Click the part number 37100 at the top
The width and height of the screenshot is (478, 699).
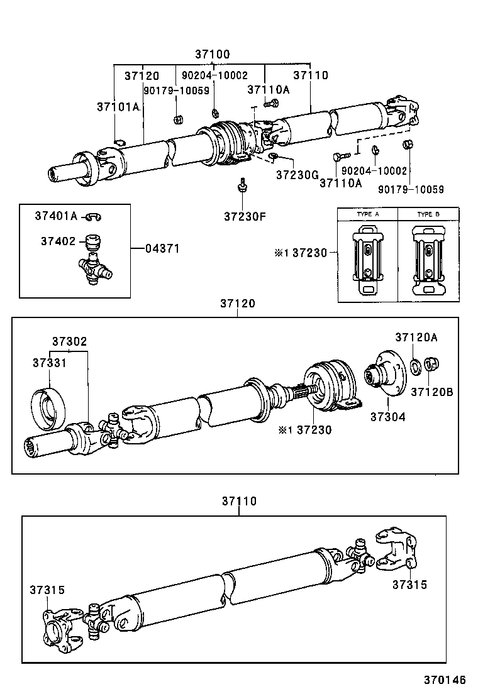click(212, 55)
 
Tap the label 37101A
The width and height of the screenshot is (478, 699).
click(118, 107)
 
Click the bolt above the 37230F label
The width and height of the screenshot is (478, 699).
click(242, 185)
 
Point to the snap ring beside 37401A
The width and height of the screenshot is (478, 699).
click(94, 216)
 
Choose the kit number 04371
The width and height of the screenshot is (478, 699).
click(162, 249)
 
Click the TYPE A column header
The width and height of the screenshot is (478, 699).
click(368, 214)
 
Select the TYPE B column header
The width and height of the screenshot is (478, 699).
click(428, 214)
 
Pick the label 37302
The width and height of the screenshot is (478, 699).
click(69, 341)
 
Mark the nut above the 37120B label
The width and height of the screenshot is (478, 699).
click(431, 364)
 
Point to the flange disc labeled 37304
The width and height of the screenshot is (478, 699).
click(385, 375)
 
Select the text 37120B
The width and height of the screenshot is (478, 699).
click(431, 392)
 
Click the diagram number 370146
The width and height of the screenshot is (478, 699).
click(444, 680)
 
